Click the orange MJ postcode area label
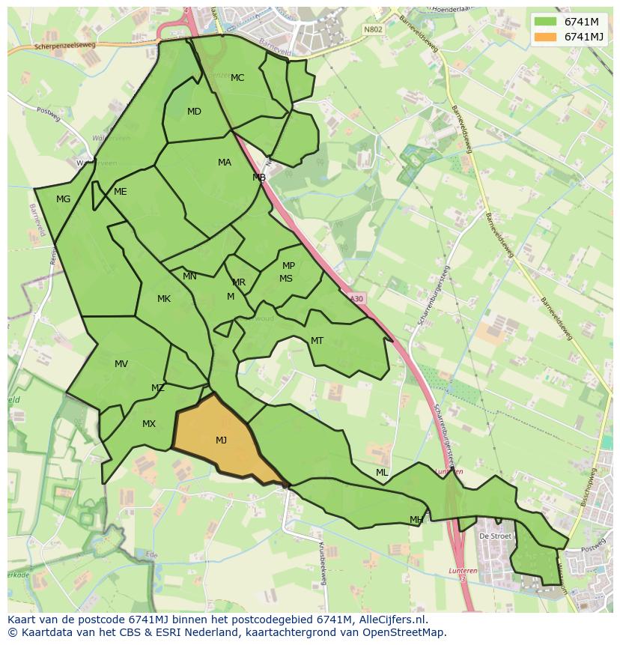tap(221, 440)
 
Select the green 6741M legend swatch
tap(546, 21)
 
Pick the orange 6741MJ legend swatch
tap(546, 37)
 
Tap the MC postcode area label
tap(237, 78)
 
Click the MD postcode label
tap(194, 112)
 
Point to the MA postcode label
tap(225, 163)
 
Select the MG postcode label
tap(63, 199)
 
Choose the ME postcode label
tap(120, 192)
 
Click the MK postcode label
tap(164, 299)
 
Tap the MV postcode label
tap(121, 364)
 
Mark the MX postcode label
tap(149, 424)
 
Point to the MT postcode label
tap(317, 341)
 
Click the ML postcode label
tap(382, 473)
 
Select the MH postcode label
tap(416, 520)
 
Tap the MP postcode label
tap(288, 266)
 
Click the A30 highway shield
tap(356, 298)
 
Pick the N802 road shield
tap(373, 30)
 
